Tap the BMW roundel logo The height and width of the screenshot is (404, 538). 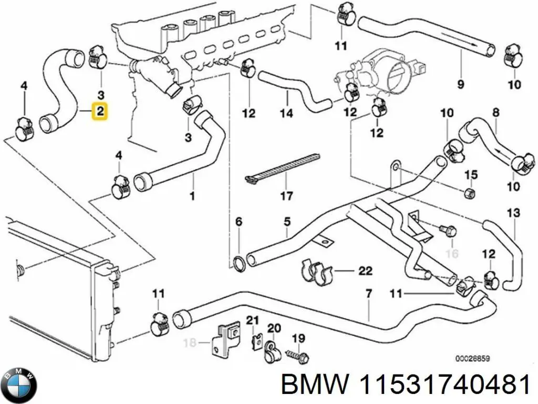click(x=19, y=385)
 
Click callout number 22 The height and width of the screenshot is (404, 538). click(x=365, y=271)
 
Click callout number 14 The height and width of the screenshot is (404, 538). click(x=286, y=113)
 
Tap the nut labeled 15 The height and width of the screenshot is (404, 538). click(x=471, y=192)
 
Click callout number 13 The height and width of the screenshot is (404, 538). click(x=513, y=213)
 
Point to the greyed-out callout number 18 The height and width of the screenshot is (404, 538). click(x=190, y=344)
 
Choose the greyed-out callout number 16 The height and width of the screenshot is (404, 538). click(x=452, y=255)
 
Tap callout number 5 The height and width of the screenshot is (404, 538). click(x=287, y=222)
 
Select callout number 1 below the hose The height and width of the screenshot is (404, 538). click(x=192, y=197)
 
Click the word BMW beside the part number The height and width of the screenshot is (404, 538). click(x=314, y=386)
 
